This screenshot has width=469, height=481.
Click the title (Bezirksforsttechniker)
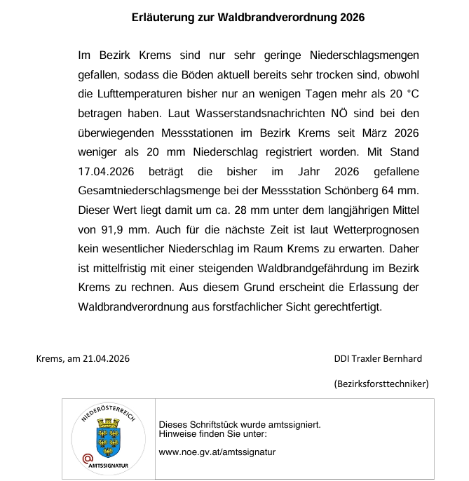click(381, 384)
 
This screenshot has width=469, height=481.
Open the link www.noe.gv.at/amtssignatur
click(217, 452)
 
